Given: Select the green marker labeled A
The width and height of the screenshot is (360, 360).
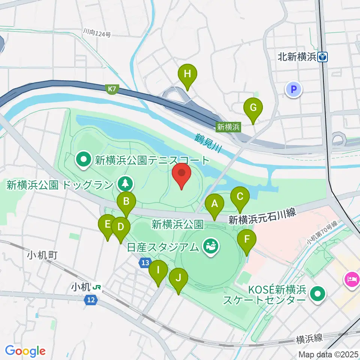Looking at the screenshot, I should (x=214, y=205).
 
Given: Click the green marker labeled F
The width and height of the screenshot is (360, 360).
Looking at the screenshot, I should (x=247, y=240).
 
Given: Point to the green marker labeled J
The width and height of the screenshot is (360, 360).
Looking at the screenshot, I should (x=178, y=279).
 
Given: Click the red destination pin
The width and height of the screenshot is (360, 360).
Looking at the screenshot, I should (x=182, y=174).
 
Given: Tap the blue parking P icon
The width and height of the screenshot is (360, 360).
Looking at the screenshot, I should (x=294, y=89).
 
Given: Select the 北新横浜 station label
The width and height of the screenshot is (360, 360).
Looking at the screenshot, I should (x=298, y=57).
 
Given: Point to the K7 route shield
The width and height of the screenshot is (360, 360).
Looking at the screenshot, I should (x=112, y=89).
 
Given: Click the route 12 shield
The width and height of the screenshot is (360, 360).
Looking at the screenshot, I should (x=90, y=300).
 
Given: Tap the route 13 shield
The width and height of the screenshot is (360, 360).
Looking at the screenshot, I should (x=146, y=263).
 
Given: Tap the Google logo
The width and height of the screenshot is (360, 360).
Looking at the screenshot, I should (x=25, y=351).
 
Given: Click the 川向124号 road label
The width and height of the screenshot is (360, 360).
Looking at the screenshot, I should (x=97, y=34).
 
